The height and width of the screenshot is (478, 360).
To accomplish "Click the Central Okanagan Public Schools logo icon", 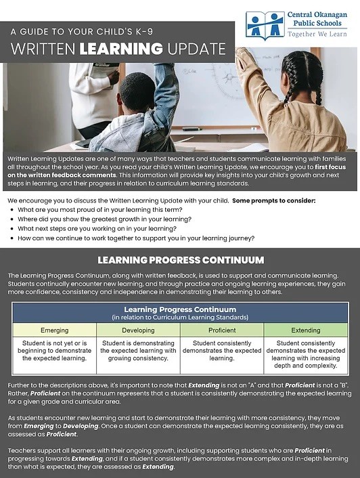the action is point(265,24).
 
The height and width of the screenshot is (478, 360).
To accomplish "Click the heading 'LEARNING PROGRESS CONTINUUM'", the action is point(180,260).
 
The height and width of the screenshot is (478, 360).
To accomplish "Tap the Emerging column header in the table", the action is point(55,330).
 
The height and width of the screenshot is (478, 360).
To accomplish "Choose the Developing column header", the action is point(138,330).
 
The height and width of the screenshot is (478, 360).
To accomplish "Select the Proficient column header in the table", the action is point(221,330).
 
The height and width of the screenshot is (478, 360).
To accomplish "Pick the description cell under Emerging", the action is point(55,351).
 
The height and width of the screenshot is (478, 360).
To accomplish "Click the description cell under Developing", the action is point(138,351).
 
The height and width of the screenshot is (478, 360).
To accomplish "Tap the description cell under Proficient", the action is point(221,351).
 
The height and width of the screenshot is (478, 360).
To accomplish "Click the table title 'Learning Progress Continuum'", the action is point(180,309).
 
